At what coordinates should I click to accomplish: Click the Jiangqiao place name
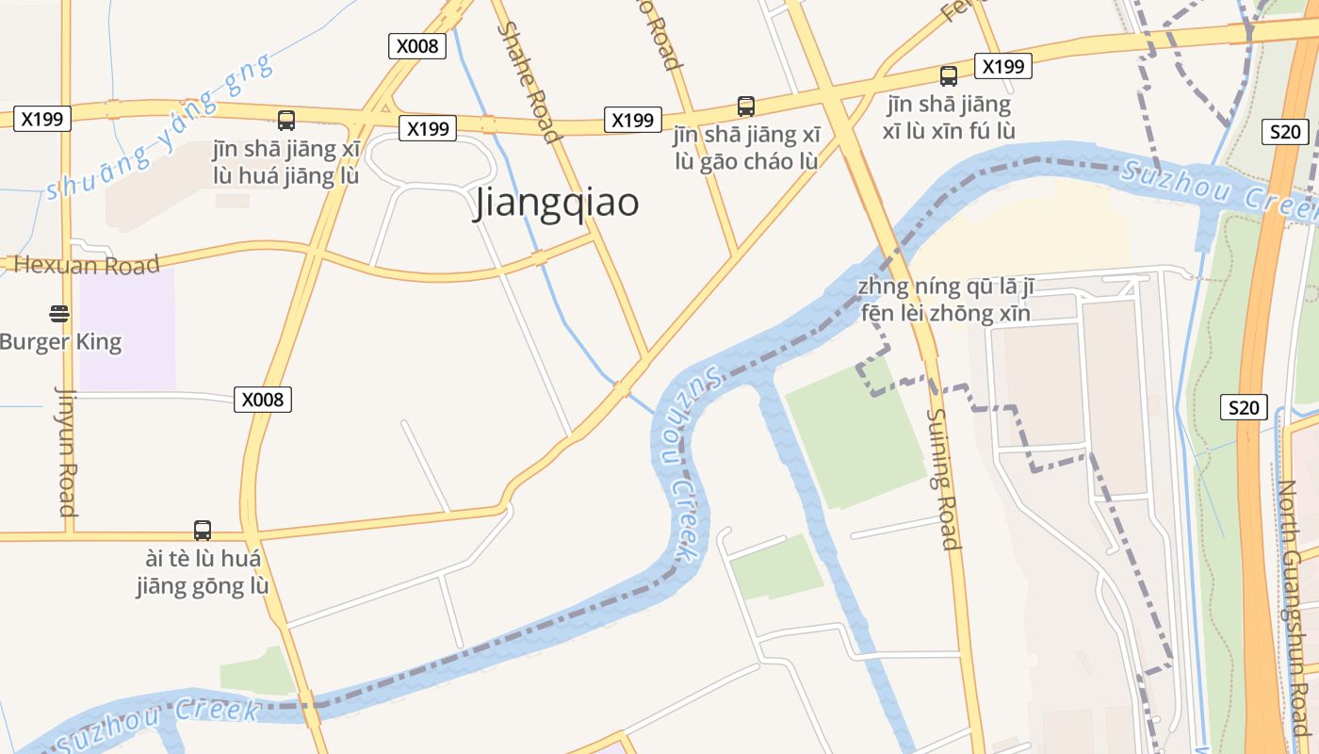tap(557, 204)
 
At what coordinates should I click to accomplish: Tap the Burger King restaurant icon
tap(59, 313)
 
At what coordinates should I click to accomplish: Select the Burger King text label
tap(61, 341)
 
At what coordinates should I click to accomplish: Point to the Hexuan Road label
tap(87, 265)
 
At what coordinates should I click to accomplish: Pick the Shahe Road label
tap(529, 82)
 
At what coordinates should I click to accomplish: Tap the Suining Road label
tap(942, 478)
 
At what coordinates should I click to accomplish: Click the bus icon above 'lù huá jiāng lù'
tap(286, 121)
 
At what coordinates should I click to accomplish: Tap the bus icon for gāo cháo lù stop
tap(746, 107)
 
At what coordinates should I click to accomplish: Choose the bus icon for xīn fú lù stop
tap(949, 76)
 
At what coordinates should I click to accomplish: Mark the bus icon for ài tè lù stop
tap(203, 530)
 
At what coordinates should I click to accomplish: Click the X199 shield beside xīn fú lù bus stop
tap(1003, 66)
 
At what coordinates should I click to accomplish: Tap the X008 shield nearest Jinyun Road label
tap(262, 400)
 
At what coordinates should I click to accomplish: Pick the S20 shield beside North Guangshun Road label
tap(1244, 408)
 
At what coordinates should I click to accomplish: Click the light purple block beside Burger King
tap(127, 329)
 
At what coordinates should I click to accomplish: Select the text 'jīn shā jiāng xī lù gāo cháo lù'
tap(746, 147)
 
